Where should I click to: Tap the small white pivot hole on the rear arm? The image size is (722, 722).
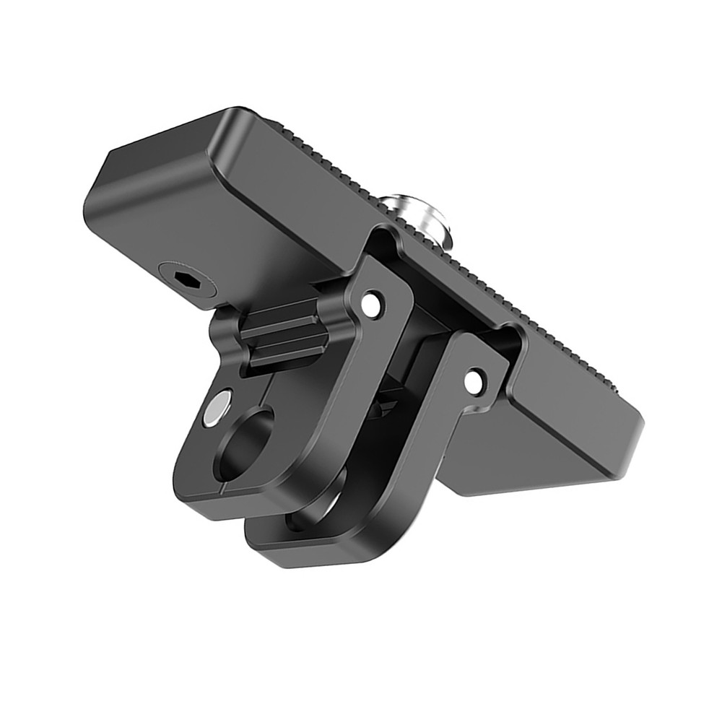click(474, 381)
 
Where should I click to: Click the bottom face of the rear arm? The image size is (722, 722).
click(325, 552)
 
